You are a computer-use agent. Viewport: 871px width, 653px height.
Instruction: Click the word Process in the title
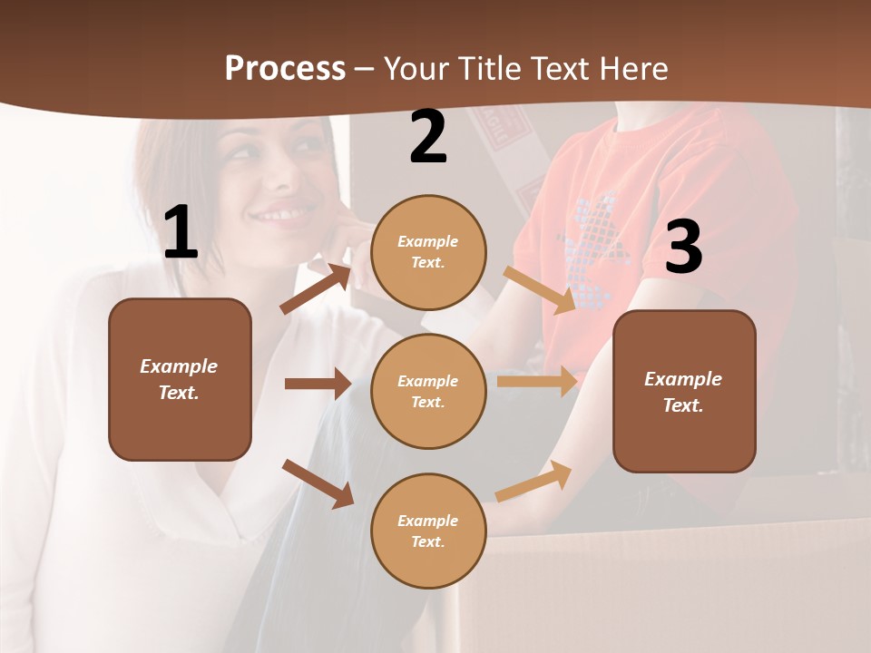point(285,69)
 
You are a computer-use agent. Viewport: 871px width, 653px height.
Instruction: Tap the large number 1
point(181,233)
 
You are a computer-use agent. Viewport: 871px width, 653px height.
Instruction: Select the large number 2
point(428,137)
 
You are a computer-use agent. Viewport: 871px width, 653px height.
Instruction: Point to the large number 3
point(683,248)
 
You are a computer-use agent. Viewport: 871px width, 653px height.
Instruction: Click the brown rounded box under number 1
point(180,379)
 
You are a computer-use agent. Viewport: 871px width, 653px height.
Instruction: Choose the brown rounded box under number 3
point(684,391)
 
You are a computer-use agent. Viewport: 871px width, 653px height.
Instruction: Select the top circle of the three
point(428,252)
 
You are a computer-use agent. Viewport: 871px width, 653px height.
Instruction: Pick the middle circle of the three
point(428,391)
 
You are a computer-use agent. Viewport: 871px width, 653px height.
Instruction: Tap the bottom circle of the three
point(428,531)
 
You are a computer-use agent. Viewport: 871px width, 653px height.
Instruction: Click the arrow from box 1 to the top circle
point(316,289)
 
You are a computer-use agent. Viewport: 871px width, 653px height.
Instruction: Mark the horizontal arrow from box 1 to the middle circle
point(318,384)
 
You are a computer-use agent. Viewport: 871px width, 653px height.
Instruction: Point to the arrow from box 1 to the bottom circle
point(318,483)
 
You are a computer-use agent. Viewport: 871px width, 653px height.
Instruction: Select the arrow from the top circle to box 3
point(540,289)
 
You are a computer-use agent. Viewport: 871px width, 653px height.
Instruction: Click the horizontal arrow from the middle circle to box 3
point(537,382)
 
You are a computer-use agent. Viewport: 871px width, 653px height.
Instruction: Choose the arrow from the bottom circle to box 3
point(534,481)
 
